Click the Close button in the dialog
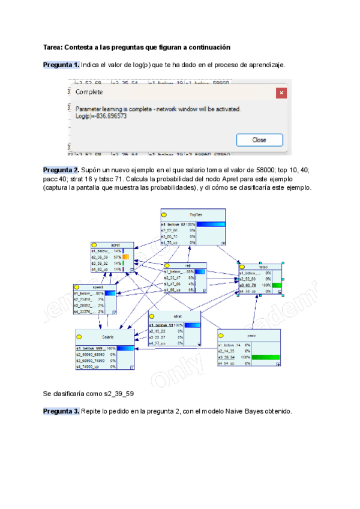[x=259, y=140]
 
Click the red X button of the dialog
[x=281, y=92]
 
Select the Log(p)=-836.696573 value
[x=101, y=116]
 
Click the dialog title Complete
[x=89, y=92]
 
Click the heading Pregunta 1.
[x=61, y=65]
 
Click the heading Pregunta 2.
[x=61, y=170]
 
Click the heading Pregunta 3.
[x=61, y=411]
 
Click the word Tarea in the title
[x=52, y=47]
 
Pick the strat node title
[x=178, y=316]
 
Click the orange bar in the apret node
[x=126, y=257]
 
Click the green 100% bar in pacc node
[x=266, y=357]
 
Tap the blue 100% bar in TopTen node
[x=210, y=224]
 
